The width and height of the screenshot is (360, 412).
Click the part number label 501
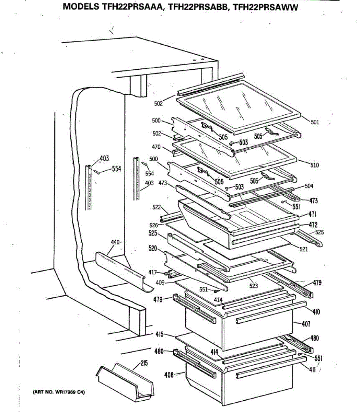[x=315, y=122]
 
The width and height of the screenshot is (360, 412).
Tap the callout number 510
[x=314, y=165]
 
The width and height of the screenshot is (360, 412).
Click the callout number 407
[x=306, y=323]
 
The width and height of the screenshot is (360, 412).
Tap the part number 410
[x=316, y=312]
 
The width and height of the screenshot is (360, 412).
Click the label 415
[x=159, y=334]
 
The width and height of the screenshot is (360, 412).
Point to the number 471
[x=312, y=215]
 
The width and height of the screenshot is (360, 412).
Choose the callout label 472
[x=313, y=225]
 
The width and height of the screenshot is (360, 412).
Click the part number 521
[x=303, y=249]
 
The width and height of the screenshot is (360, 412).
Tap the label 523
[x=254, y=286]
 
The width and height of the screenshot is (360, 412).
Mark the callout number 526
[x=154, y=225]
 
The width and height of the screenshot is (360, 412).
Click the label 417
[x=153, y=273]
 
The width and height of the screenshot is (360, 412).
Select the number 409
[x=160, y=283]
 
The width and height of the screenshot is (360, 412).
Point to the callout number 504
[x=309, y=186]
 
